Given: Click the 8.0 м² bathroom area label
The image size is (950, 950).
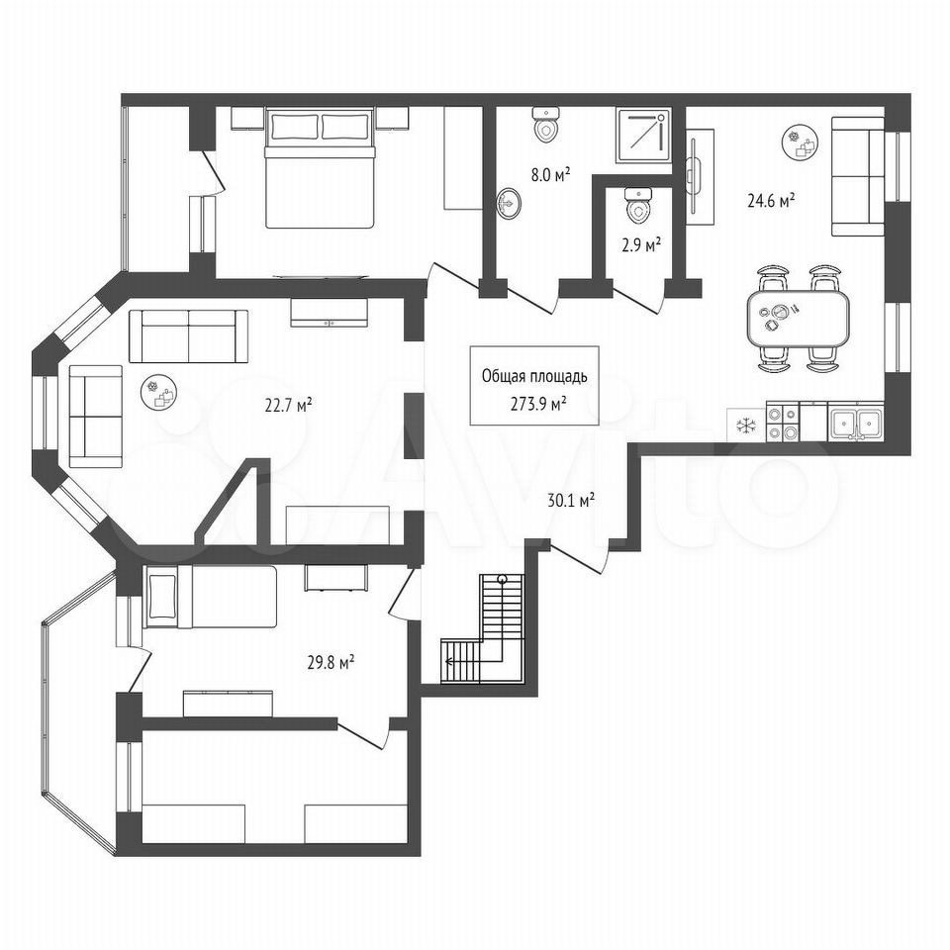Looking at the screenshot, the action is pos(551,176).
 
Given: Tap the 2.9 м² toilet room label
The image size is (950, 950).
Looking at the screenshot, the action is pos(641,244).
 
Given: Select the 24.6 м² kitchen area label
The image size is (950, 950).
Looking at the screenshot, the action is pos(771,201).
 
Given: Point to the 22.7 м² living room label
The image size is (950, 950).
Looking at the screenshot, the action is pos(288,404).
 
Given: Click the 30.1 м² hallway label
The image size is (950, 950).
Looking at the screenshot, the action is pos(570,501).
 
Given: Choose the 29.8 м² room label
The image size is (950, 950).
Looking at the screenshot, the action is pos(331,662).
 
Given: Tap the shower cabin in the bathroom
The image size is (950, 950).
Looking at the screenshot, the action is pos(643,136).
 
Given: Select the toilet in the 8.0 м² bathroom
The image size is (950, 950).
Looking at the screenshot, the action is pos(546,125).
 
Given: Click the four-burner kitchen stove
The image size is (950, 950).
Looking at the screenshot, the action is pos(784,424).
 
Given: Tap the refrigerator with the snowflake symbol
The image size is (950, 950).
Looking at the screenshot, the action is pos(746,426).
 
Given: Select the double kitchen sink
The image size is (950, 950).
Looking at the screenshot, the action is pos(855,423).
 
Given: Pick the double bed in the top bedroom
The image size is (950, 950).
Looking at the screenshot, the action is pos(320,168).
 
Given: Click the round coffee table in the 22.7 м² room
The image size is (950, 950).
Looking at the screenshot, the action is pos(159,392).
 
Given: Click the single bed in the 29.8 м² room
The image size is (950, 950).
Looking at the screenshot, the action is pos(210,597).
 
